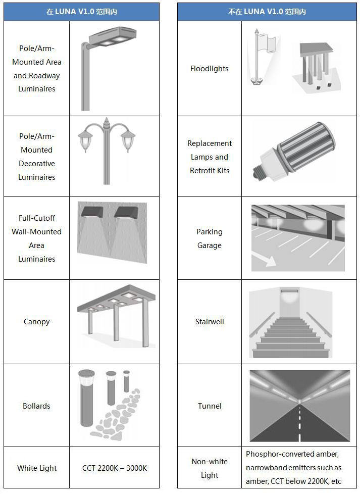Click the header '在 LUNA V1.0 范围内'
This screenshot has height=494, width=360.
(82, 12)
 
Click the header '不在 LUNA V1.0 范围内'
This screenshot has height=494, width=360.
(267, 12)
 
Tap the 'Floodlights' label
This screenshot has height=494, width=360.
(210, 69)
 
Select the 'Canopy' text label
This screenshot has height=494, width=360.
(36, 322)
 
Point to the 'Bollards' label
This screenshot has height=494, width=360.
(36, 406)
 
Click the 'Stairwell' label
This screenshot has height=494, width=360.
(210, 322)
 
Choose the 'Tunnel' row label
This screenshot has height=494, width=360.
(210, 406)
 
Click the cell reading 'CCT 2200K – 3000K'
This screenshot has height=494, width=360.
(115, 468)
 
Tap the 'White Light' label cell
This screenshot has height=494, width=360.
(37, 468)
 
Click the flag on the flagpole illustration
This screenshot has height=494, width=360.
(268, 43)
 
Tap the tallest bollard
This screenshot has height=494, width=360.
(87, 398)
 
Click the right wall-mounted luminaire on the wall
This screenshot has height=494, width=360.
(126, 212)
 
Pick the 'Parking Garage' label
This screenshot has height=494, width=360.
(210, 238)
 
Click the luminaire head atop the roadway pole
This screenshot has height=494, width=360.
(113, 36)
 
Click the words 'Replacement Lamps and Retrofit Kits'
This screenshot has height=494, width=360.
(210, 157)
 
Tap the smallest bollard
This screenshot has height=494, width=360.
(126, 381)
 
